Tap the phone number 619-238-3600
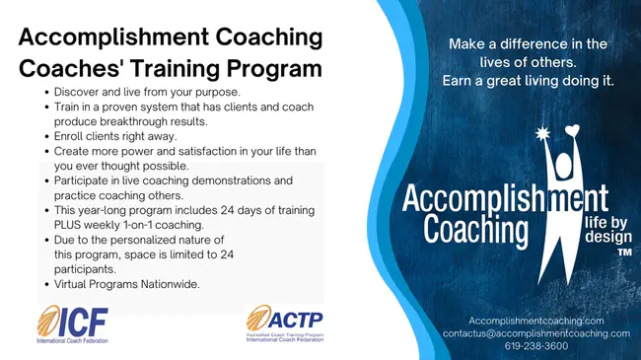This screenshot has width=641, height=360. [x=535, y=346]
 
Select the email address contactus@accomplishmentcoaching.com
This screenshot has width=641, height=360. [x=535, y=333]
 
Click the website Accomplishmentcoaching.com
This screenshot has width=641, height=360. [x=535, y=321]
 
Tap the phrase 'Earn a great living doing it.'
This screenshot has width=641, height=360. [x=530, y=80]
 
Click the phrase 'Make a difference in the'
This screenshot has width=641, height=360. [x=529, y=44]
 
